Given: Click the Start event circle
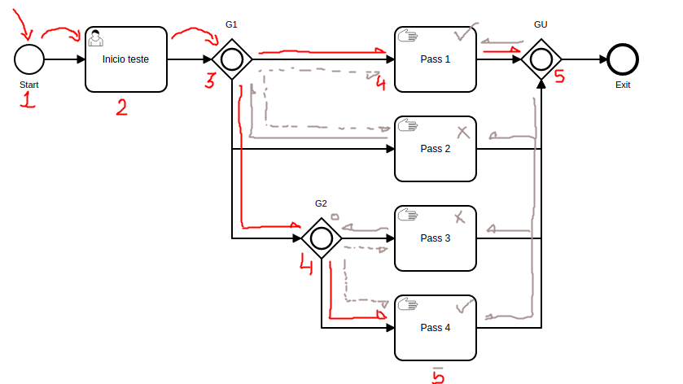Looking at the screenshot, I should pos(29,59).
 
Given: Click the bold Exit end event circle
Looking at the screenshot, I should pos(623,59).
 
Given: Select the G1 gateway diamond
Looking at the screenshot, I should pos(231,59).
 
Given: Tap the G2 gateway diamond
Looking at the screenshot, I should pos(321,238).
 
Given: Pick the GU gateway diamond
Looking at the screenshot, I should pos(541,59).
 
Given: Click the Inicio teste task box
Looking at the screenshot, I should pos(125,59).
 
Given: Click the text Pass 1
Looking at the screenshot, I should pos(435,59).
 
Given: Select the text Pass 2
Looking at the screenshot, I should pos(435,149).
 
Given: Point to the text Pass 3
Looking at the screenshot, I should pos(435,238).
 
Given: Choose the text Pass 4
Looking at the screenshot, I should pos(435,328).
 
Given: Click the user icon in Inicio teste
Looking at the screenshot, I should pos(95,37).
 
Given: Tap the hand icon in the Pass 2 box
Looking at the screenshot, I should pos(406,125).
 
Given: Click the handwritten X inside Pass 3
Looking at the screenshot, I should pos(460,217).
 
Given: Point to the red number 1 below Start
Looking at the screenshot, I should pos(28,100).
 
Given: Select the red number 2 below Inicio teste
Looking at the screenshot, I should pos(121,107).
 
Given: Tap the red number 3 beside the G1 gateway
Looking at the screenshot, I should pos(210,81).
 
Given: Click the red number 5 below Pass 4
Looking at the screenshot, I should pos(438,375).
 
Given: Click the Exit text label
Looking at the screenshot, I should pos(623,85).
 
